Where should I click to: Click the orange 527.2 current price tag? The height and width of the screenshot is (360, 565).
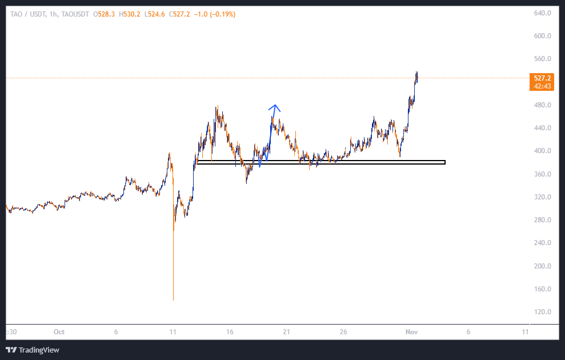click(542, 78)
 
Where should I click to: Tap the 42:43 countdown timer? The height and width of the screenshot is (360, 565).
click(542, 86)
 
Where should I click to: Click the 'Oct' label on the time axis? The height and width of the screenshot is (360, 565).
click(58, 331)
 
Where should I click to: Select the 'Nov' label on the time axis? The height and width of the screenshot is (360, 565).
click(411, 331)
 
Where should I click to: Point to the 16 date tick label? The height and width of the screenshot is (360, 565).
click(230, 331)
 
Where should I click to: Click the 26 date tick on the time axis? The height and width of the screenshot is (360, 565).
click(343, 331)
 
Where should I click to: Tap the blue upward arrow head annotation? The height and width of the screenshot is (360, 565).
click(275, 106)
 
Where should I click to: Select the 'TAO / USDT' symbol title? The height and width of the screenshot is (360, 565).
click(26, 14)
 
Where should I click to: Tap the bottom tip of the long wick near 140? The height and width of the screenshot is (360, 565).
click(173, 300)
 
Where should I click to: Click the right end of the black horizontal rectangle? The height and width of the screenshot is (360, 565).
click(444, 162)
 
